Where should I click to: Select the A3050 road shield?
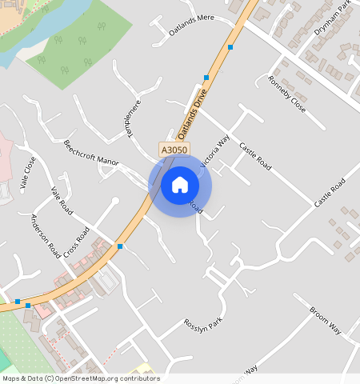click(x=174, y=150)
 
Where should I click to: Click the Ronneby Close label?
click(x=286, y=94)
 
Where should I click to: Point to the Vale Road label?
click(x=62, y=201)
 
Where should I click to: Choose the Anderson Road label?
click(x=46, y=234)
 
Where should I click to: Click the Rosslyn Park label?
click(x=204, y=335)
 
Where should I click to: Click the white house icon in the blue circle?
click(x=180, y=185)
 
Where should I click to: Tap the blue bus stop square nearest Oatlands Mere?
click(x=230, y=48)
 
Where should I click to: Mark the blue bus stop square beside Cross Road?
click(x=120, y=246)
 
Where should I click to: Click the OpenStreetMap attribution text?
click(x=80, y=378)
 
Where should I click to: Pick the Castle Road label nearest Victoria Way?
click(x=255, y=157)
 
